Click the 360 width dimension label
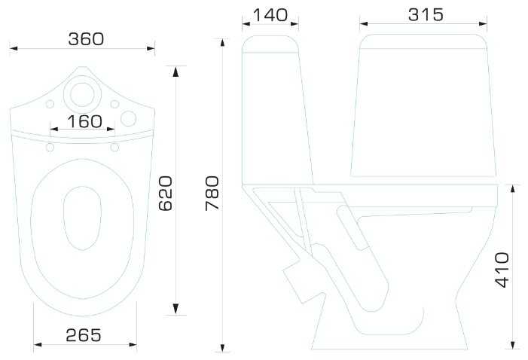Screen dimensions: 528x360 [86, 39]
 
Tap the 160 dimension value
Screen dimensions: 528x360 [84, 121]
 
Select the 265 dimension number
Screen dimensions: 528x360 [83, 335]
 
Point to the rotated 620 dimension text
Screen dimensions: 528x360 [166, 194]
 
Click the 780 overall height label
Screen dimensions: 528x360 [212, 194]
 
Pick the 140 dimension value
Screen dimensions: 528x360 [270, 15]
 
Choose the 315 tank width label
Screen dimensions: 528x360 [426, 15]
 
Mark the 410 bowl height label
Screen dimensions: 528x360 [502, 270]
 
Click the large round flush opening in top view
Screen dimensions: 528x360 [83, 94]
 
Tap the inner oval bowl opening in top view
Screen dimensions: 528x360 [82, 218]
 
